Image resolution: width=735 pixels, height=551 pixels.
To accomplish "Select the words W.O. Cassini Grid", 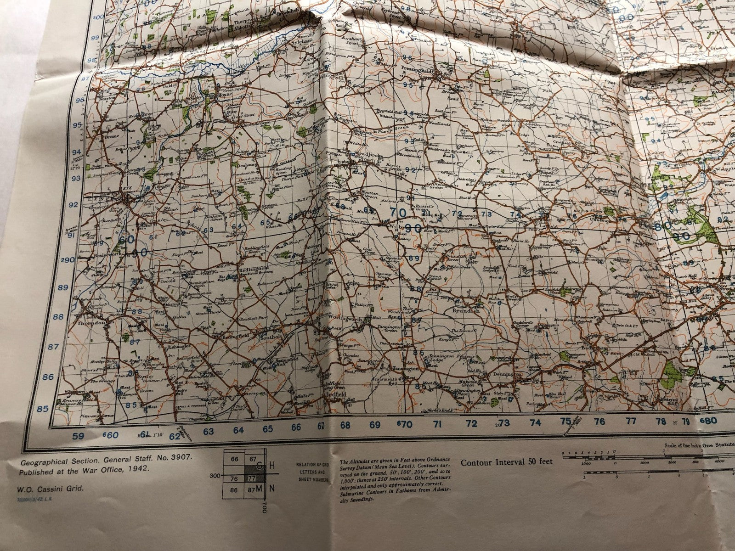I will coord(51,489).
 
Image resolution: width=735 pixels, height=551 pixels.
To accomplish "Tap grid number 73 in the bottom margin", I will coord(505,422).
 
